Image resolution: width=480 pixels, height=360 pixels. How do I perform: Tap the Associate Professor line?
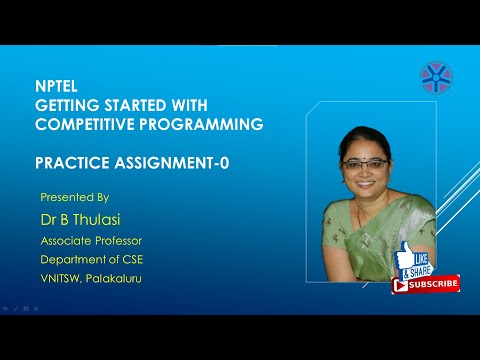click(92, 241)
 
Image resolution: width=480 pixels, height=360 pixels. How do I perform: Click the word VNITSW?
click(63, 278)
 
